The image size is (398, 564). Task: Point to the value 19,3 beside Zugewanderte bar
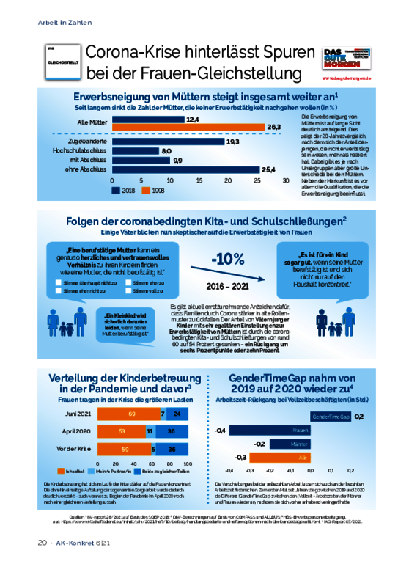[232, 141]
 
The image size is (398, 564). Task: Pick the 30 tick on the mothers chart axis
[285, 180]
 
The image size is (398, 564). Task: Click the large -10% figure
[228, 260]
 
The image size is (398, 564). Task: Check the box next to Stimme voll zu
[129, 290]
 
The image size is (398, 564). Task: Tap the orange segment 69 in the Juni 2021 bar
[131, 413]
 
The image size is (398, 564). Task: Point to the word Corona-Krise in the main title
[128, 53]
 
